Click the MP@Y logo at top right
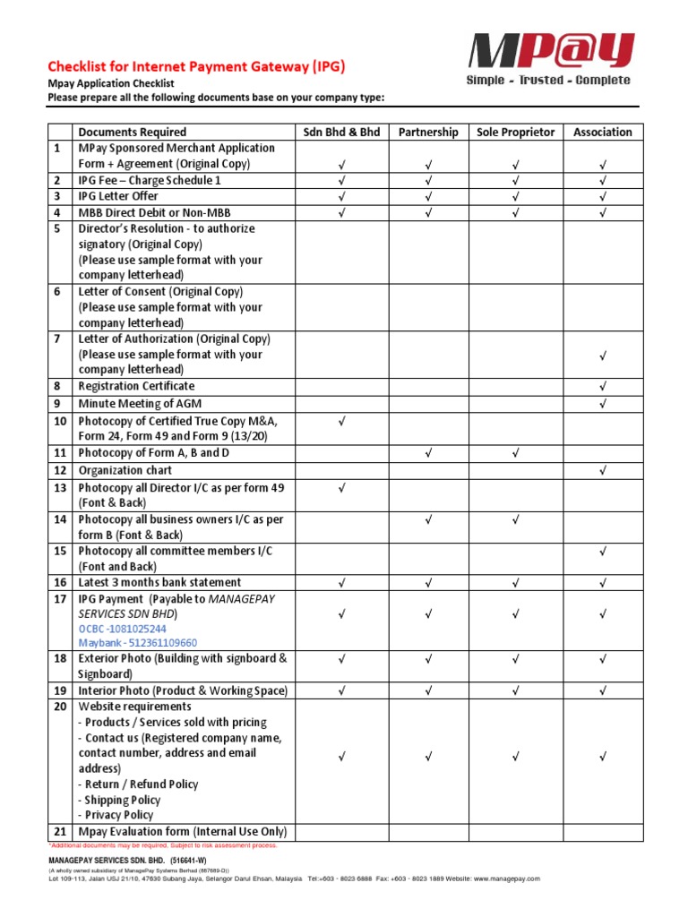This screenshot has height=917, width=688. [x=554, y=51]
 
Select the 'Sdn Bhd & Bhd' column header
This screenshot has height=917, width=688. [x=341, y=132]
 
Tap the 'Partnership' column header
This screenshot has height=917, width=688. [x=428, y=132]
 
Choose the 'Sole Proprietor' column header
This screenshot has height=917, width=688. [x=516, y=132]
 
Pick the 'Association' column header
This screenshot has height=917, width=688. [x=602, y=132]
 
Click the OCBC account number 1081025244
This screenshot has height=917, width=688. [x=122, y=629]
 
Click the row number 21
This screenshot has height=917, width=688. [x=60, y=832]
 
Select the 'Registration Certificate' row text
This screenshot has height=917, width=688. [x=136, y=386]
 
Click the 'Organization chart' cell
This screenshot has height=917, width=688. [x=125, y=470]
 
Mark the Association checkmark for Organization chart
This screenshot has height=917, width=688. [x=603, y=470]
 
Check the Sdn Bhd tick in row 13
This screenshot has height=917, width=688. [x=341, y=488]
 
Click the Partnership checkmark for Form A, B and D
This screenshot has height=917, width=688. [x=428, y=453]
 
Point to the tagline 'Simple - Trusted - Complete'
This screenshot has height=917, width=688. [x=548, y=81]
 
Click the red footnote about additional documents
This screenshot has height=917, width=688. [x=162, y=845]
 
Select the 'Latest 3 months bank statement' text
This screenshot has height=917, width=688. [x=159, y=582]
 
